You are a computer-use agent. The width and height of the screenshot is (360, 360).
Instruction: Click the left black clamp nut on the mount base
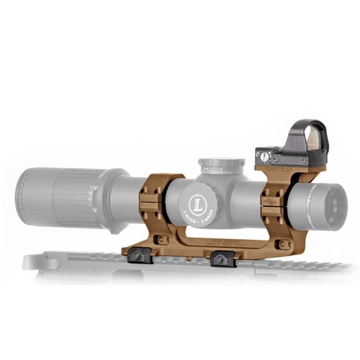(x=138, y=254)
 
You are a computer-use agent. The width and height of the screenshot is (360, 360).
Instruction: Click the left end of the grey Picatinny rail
(x=32, y=261)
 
